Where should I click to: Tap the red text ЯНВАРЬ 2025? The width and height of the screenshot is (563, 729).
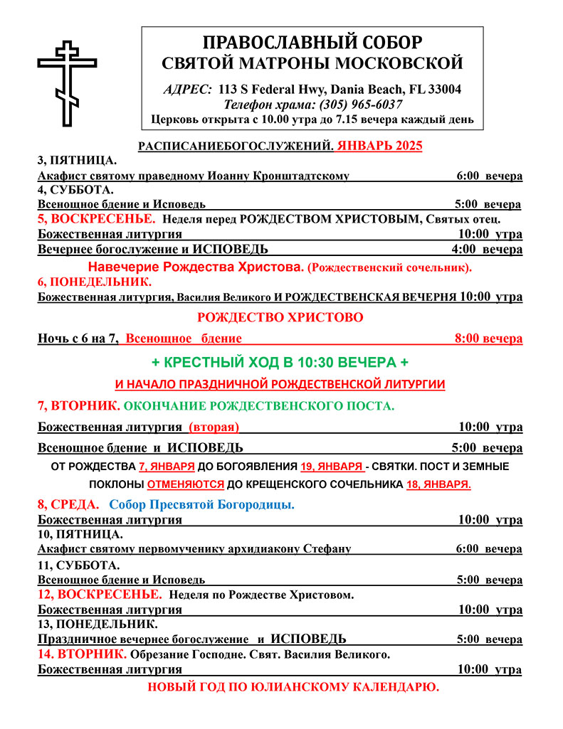380,146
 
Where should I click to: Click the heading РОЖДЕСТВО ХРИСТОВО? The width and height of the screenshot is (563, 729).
280,317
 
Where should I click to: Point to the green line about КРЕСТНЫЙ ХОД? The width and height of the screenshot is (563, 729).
280,362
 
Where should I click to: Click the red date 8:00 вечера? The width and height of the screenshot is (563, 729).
488,339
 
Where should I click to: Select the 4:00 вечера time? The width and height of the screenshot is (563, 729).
487,250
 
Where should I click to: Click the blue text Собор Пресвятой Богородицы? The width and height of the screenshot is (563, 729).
202,504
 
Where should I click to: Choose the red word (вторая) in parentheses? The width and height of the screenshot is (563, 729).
214,427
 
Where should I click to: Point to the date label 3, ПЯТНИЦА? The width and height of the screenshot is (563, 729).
77,161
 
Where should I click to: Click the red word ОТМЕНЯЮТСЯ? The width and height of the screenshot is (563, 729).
185,484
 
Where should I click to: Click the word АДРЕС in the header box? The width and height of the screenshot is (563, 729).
187,90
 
